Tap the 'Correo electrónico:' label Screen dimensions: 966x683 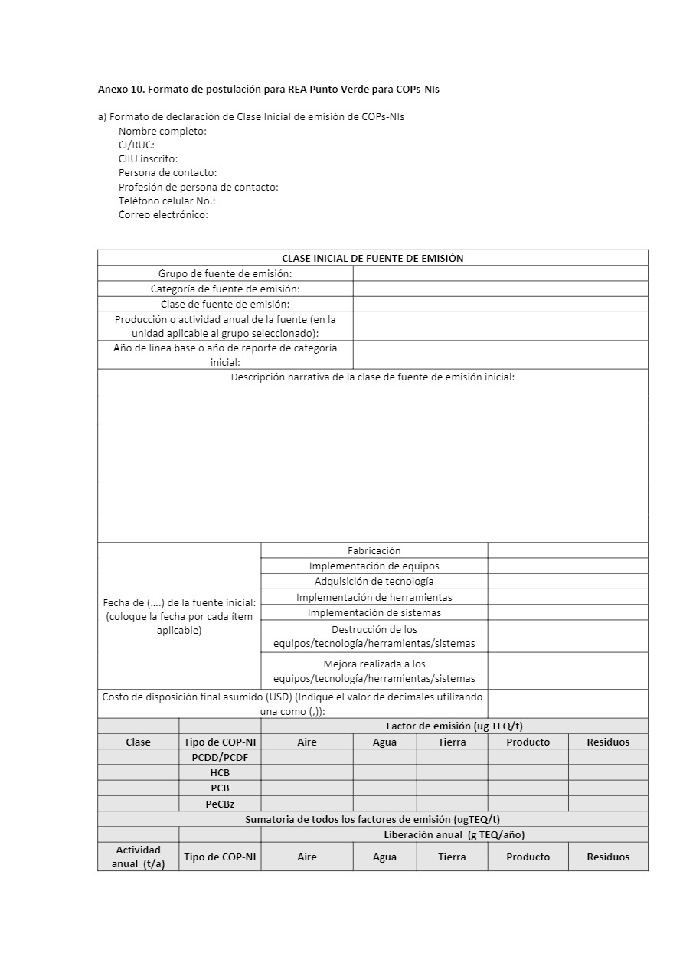pyautogui.click(x=163, y=215)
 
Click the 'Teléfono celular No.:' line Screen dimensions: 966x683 pyautogui.click(x=167, y=201)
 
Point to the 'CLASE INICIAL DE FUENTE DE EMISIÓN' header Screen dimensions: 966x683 pyautogui.click(x=372, y=258)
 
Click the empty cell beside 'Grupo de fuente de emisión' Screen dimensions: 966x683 pyautogui.click(x=500, y=273)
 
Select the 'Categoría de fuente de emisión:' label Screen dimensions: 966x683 pyautogui.click(x=225, y=289)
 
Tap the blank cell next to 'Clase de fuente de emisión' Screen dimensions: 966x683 pyautogui.click(x=500, y=304)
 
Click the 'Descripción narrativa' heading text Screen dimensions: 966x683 pyautogui.click(x=372, y=377)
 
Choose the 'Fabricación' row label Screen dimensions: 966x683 pyautogui.click(x=374, y=550)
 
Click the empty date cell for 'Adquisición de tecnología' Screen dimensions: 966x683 pyautogui.click(x=567, y=581)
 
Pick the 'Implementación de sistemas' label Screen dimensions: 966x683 pyautogui.click(x=374, y=612)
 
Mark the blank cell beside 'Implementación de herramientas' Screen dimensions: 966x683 pyautogui.click(x=567, y=597)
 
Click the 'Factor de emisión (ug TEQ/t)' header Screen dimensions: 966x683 pyautogui.click(x=454, y=726)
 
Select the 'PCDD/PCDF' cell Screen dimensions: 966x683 pyautogui.click(x=220, y=757)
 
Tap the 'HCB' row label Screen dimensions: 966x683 pyautogui.click(x=220, y=772)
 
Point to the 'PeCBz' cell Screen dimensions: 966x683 pyautogui.click(x=220, y=804)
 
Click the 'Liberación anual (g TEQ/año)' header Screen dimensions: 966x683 pyautogui.click(x=454, y=834)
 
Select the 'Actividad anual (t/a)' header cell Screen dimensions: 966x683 pyautogui.click(x=138, y=857)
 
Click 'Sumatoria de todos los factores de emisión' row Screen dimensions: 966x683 pyautogui.click(x=372, y=819)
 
